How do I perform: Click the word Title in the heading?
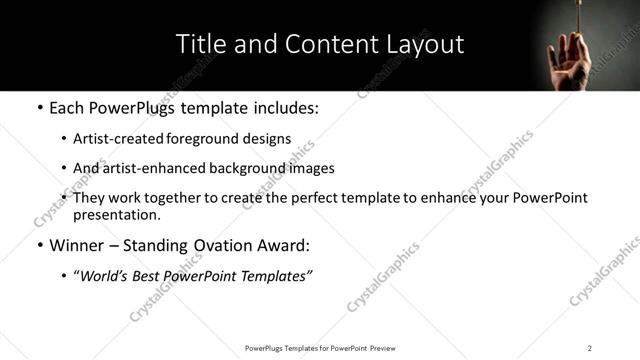[x=200, y=44]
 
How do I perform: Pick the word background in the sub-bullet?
[x=247, y=168]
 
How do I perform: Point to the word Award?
[x=285, y=245]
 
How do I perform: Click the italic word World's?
[x=105, y=276]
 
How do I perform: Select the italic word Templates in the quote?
[x=273, y=276]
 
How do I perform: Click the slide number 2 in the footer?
[x=590, y=348]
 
